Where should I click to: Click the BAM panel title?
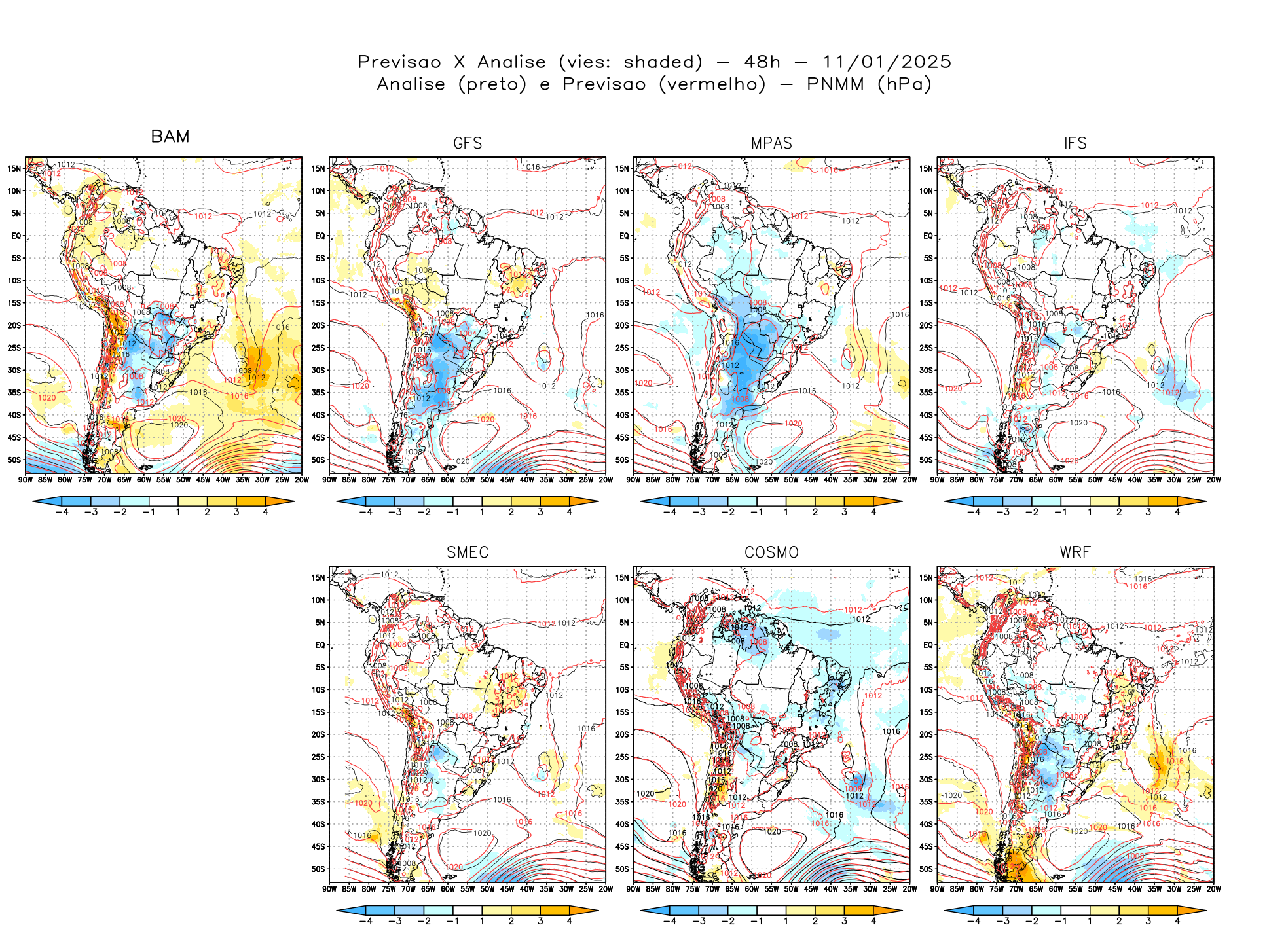pyautogui.click(x=170, y=137)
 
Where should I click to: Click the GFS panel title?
pyautogui.click(x=468, y=143)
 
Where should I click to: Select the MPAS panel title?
pyautogui.click(x=771, y=143)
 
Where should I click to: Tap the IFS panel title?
pyautogui.click(x=1075, y=143)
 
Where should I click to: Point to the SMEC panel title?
pyautogui.click(x=468, y=552)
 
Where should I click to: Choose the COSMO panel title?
pyautogui.click(x=771, y=552)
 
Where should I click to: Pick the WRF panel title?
pyautogui.click(x=1075, y=552)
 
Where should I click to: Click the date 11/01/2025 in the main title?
pyautogui.click(x=887, y=62)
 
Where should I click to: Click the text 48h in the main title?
pyautogui.click(x=762, y=62)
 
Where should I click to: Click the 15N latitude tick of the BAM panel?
pyautogui.click(x=14, y=168)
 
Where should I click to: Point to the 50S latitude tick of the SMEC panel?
pyautogui.click(x=318, y=869)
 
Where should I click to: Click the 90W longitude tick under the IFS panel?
pyautogui.click(x=938, y=480)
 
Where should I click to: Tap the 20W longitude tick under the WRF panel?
pyautogui.click(x=1213, y=889)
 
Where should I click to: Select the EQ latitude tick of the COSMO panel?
pyautogui.click(x=624, y=645)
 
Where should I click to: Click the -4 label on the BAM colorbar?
pyautogui.click(x=62, y=512)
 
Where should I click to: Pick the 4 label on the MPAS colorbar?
pyautogui.click(x=873, y=512)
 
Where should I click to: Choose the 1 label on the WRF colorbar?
pyautogui.click(x=1090, y=921)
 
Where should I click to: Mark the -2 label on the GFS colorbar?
pyautogui.click(x=424, y=512)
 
